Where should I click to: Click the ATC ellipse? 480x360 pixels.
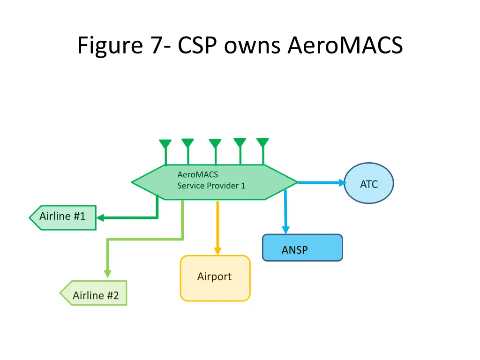point(369,183)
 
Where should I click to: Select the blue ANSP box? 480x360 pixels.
point(302,247)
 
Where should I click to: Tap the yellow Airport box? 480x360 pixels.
point(215,278)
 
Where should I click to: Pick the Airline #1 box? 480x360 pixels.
point(63,217)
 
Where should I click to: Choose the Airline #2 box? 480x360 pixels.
point(93,293)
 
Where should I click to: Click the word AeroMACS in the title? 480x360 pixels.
point(345,45)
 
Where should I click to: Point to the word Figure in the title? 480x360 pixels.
point(110,46)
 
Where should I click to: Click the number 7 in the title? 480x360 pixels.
point(157,45)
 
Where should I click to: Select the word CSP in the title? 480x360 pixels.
point(197,45)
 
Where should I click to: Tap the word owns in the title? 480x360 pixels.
point(252,48)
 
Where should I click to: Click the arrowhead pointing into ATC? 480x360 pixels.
point(342,183)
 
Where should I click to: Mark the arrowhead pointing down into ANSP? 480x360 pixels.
point(285,230)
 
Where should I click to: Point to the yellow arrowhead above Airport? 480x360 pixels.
point(217,251)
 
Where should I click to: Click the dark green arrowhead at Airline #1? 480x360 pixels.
point(100,217)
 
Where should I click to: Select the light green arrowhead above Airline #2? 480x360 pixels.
point(107,274)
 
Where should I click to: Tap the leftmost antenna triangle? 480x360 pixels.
point(165,144)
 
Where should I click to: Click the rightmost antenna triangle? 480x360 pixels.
point(262,142)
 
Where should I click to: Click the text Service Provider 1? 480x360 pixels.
point(211,186)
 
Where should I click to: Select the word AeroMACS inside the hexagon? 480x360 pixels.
point(198,174)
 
